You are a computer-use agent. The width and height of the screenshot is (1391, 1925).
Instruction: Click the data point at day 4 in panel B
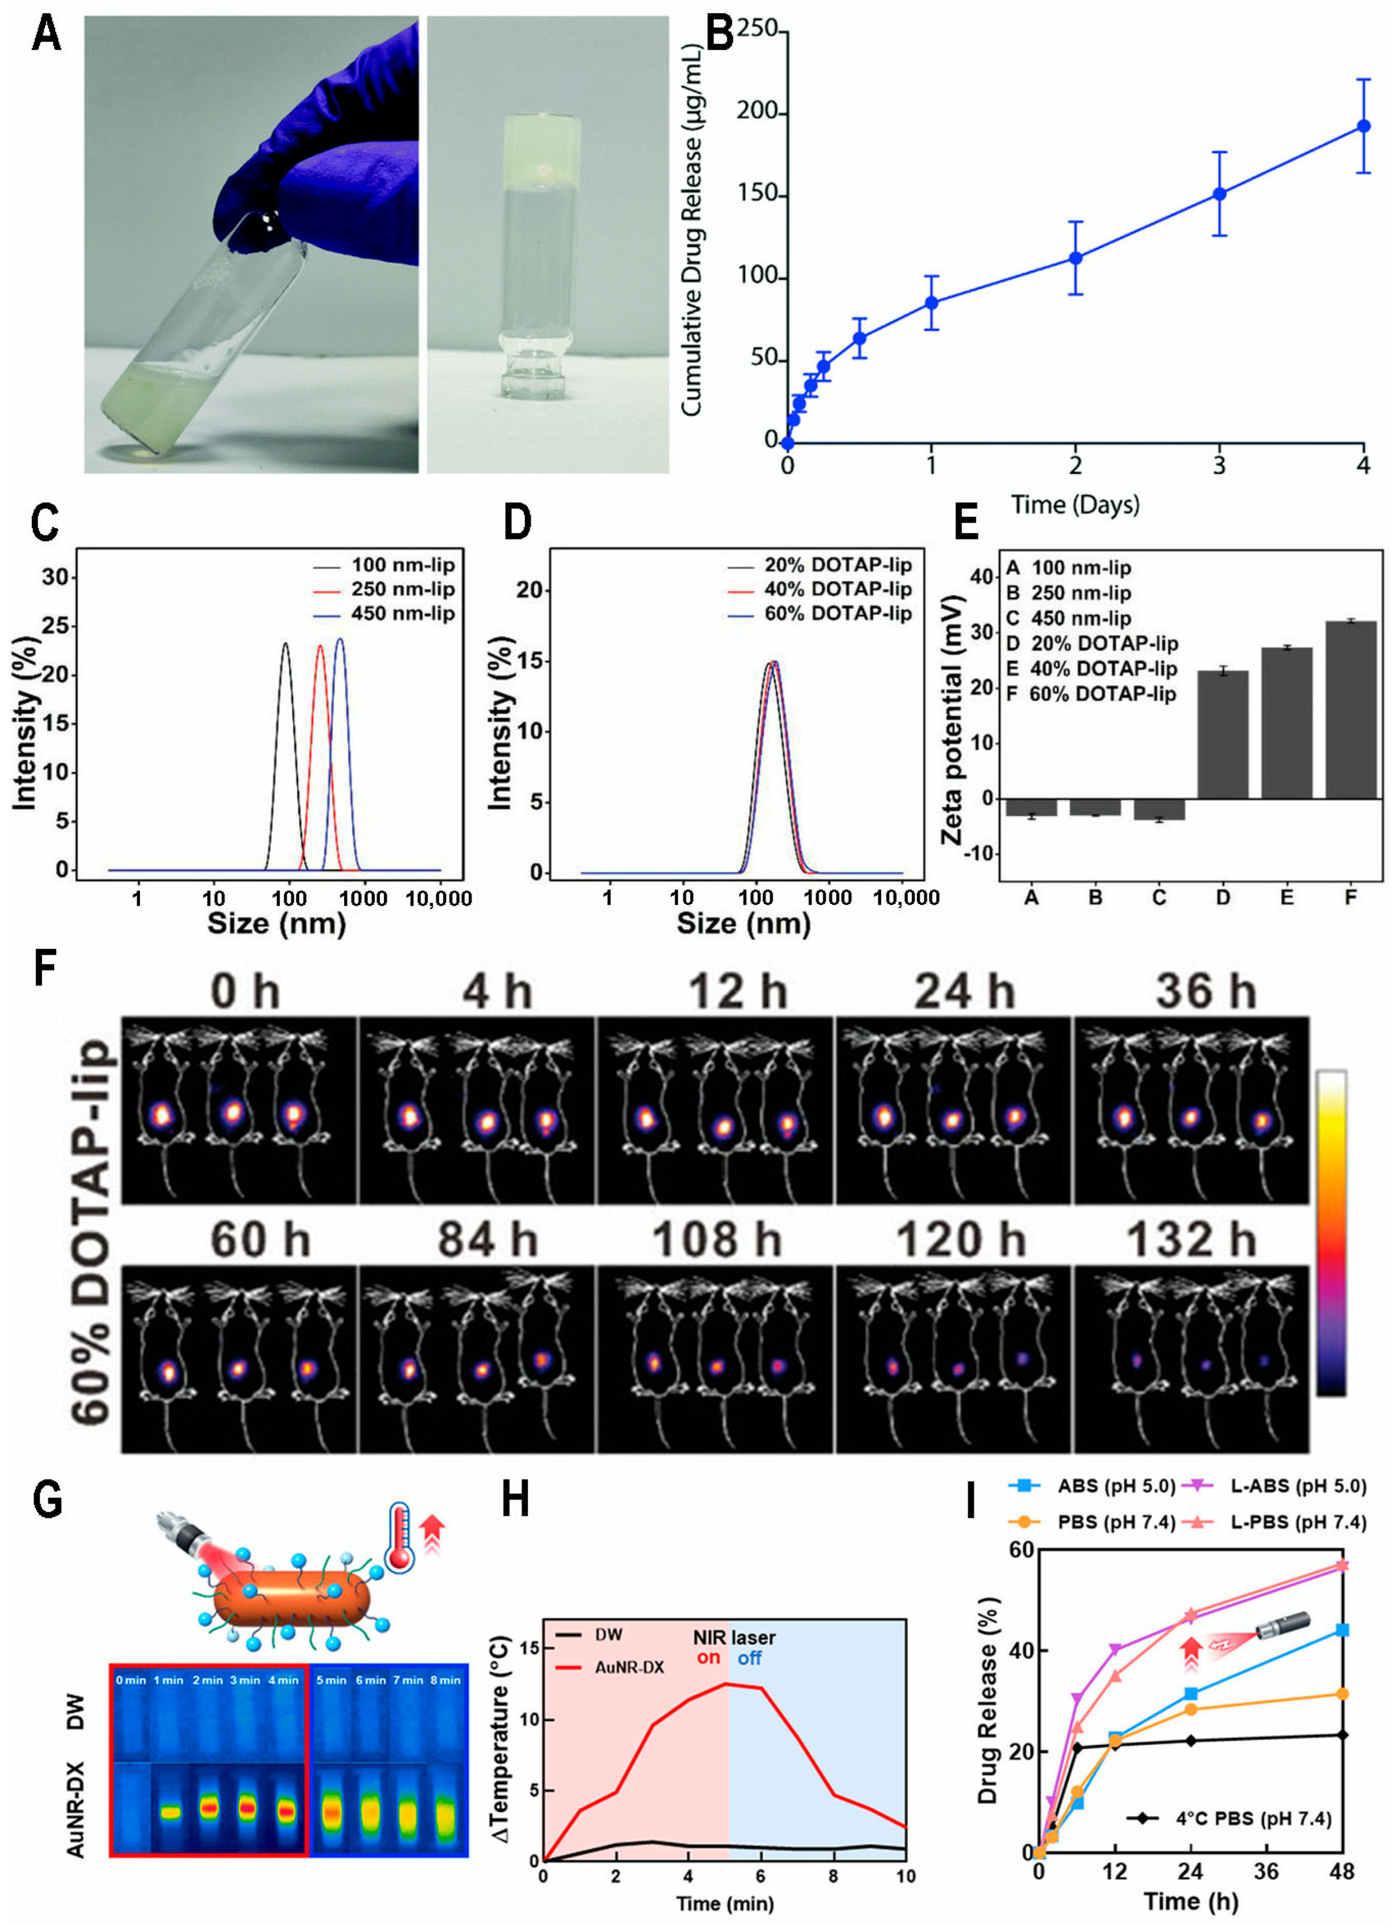[x=1363, y=126]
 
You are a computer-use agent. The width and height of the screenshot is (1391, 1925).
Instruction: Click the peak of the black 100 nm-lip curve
[x=285, y=644]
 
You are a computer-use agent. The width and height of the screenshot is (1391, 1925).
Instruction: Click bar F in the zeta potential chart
[x=1350, y=710]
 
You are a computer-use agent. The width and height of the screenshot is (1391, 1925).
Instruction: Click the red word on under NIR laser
[x=708, y=1657]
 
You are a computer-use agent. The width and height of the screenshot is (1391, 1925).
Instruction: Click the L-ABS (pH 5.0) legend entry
[x=1299, y=1486]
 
